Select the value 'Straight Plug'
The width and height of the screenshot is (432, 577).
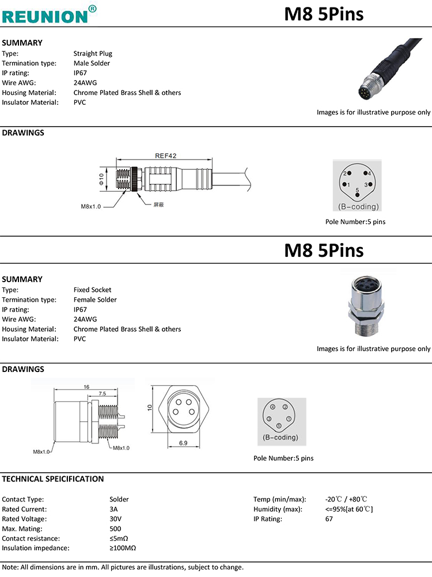tap(93, 54)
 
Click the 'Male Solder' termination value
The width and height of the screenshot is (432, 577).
tap(92, 63)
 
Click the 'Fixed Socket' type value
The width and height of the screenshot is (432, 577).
tap(93, 290)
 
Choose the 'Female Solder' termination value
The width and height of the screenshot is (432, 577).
tap(95, 299)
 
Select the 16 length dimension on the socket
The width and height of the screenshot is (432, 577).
tap(86, 387)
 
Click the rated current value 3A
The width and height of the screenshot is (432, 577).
tap(113, 509)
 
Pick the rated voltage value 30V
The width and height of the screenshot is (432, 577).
tap(115, 519)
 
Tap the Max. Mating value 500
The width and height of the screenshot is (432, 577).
tap(115, 529)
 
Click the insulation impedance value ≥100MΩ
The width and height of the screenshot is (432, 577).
tap(123, 548)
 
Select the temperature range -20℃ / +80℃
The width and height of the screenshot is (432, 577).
tap(346, 499)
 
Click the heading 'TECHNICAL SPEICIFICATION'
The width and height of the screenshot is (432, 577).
tap(53, 479)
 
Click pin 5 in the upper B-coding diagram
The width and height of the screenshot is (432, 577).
tap(358, 194)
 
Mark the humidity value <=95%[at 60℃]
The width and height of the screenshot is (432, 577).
tap(349, 509)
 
